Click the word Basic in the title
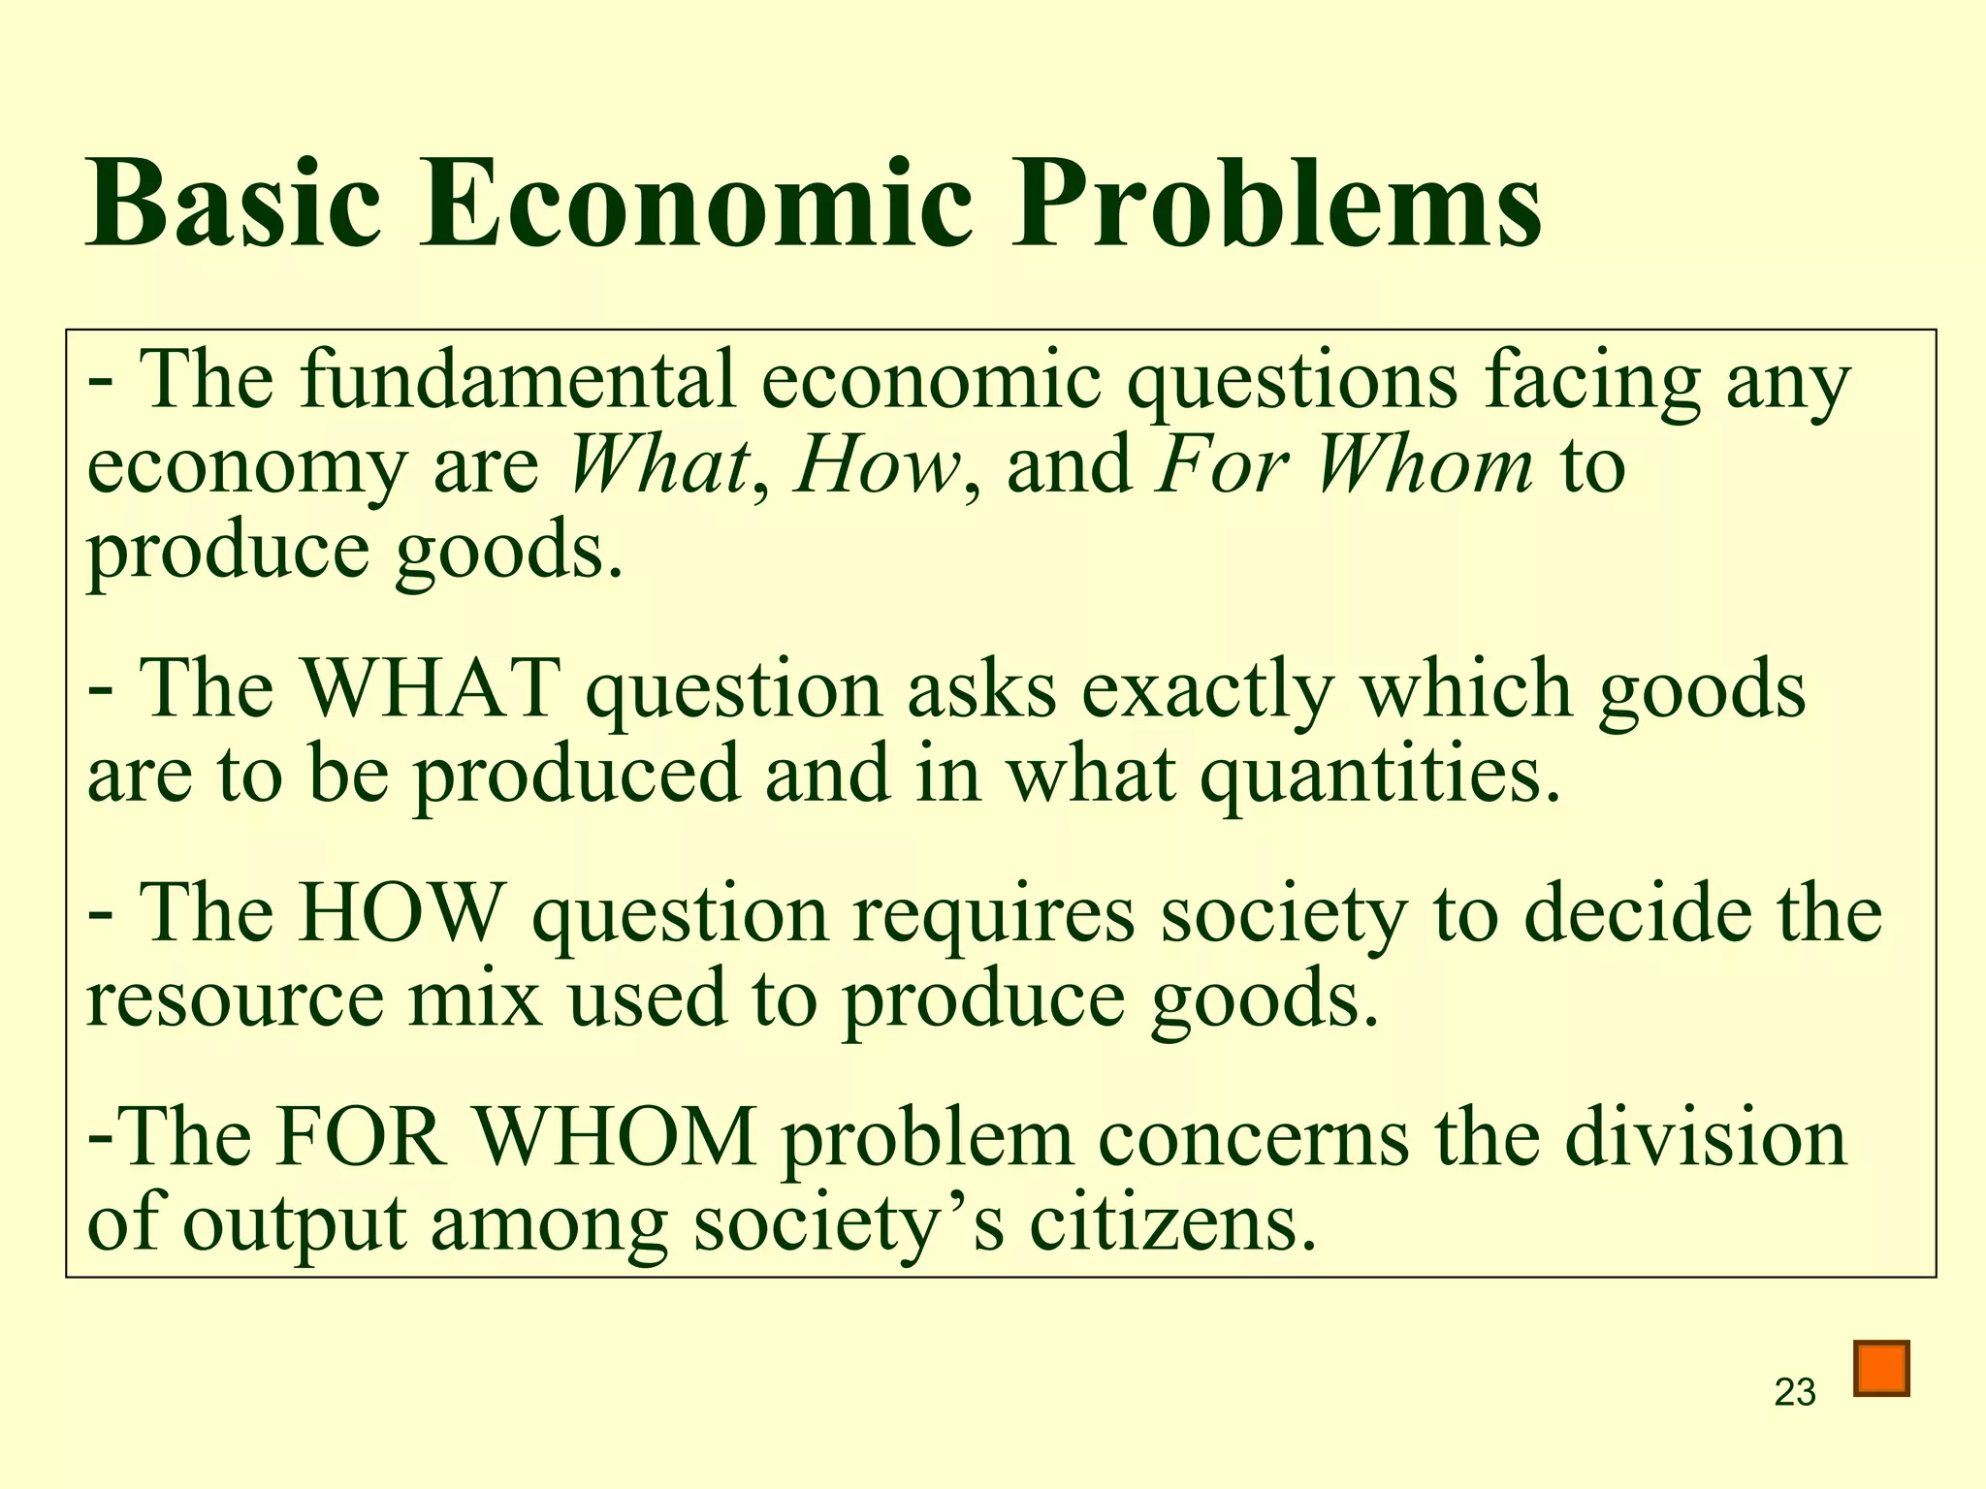[x=233, y=206]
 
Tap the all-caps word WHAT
[x=432, y=689]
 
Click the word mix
[x=474, y=998]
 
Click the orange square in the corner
[x=1881, y=1368]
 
